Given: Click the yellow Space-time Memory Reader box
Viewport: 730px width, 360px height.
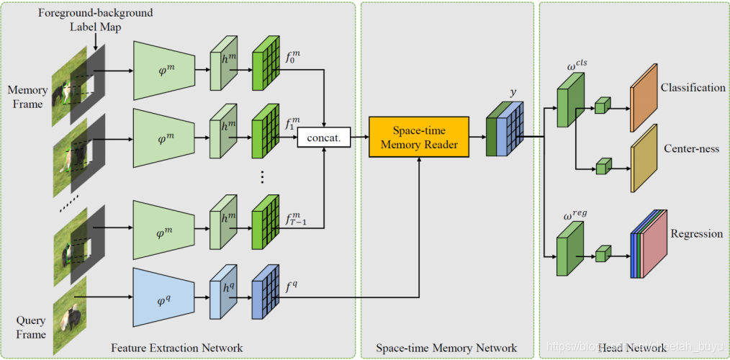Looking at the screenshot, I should pyautogui.click(x=418, y=138).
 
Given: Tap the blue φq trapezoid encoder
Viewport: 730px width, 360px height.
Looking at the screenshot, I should pyautogui.click(x=164, y=297).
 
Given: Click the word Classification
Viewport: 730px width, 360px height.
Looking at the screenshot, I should pyautogui.click(x=693, y=88).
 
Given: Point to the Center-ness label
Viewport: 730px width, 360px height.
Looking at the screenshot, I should pyautogui.click(x=692, y=149).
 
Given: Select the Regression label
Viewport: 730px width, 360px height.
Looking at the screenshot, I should pyautogui.click(x=696, y=234).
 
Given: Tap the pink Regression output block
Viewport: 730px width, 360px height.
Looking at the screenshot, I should pyautogui.click(x=652, y=246).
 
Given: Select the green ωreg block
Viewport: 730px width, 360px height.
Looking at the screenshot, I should pyautogui.click(x=572, y=250).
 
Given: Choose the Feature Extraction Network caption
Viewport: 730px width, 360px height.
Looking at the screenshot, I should pyautogui.click(x=177, y=348).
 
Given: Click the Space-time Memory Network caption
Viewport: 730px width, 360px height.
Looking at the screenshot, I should pyautogui.click(x=446, y=348).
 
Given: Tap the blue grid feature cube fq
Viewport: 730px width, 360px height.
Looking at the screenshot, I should pyautogui.click(x=266, y=296).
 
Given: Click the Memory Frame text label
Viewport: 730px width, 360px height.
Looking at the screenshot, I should pyautogui.click(x=27, y=97).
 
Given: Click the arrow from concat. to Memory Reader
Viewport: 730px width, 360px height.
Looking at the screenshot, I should pyautogui.click(x=359, y=136).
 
